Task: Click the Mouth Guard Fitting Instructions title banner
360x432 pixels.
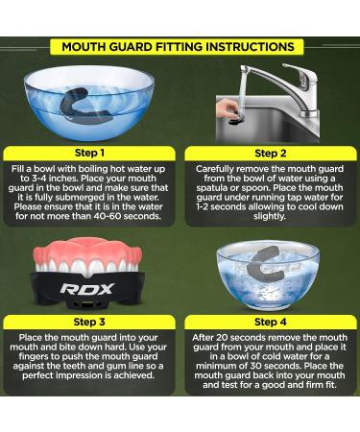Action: tap(180, 46)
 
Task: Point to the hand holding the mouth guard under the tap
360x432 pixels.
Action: tap(228, 108)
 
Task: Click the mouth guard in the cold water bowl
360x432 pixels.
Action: tap(269, 264)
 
